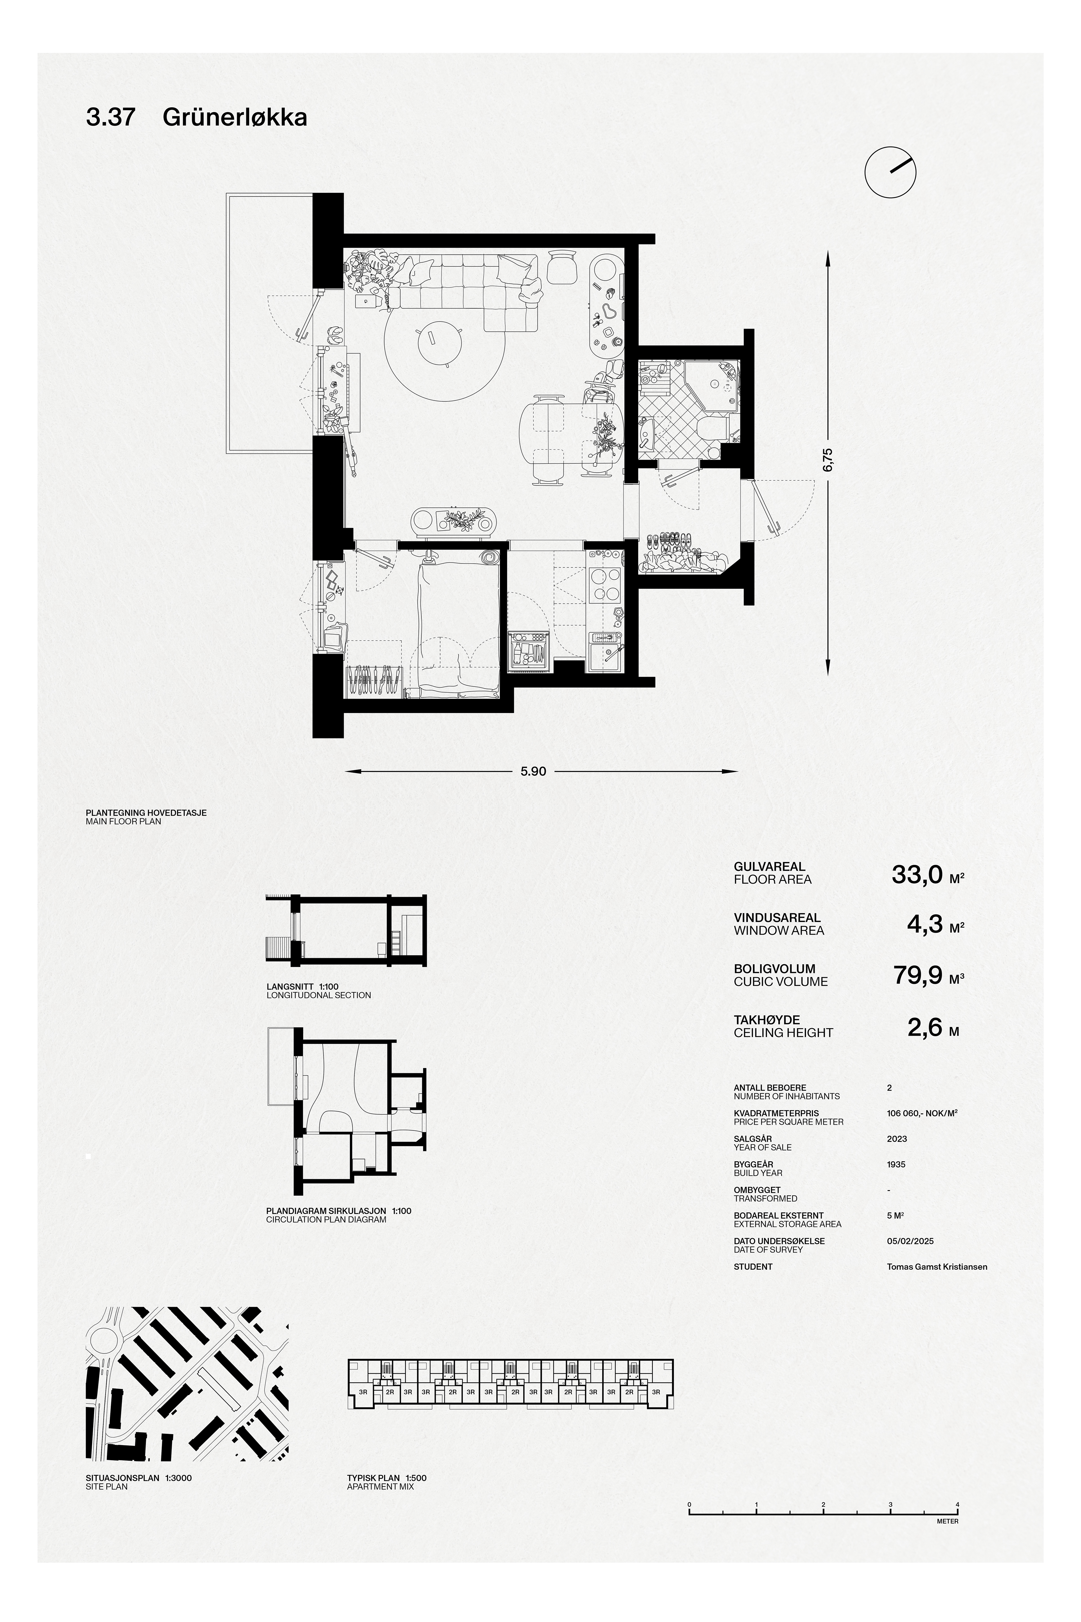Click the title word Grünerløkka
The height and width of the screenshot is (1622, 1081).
(x=234, y=118)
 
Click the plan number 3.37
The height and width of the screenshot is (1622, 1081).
(x=110, y=118)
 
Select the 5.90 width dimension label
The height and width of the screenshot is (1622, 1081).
(x=533, y=771)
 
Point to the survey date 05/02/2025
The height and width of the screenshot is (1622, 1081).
(x=910, y=1241)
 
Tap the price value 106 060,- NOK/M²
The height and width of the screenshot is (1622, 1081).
(x=923, y=1113)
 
